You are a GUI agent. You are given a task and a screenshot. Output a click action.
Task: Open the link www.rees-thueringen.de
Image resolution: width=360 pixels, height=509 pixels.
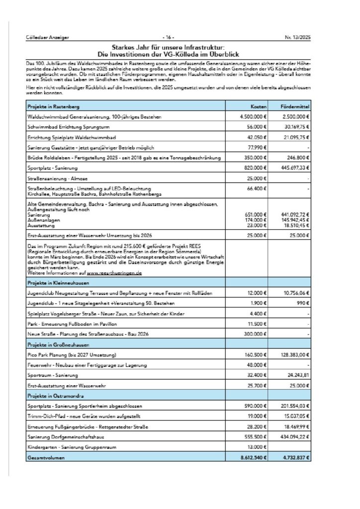tap(115, 273)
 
